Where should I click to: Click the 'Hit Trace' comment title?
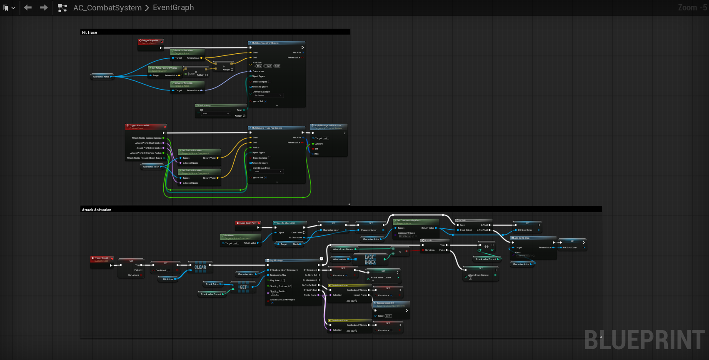90,32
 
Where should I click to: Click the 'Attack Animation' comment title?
97,210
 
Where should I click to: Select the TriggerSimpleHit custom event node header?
150,40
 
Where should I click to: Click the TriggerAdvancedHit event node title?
140,125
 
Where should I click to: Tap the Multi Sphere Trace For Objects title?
267,128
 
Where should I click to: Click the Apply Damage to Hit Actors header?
328,125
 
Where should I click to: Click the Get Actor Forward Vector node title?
165,68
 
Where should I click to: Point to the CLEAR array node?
200,267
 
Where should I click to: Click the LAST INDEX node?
370,260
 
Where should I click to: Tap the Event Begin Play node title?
247,223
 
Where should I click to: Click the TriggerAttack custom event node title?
101,258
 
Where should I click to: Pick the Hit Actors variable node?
168,279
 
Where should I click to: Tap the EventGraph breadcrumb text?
173,7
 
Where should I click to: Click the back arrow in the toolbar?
28,7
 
